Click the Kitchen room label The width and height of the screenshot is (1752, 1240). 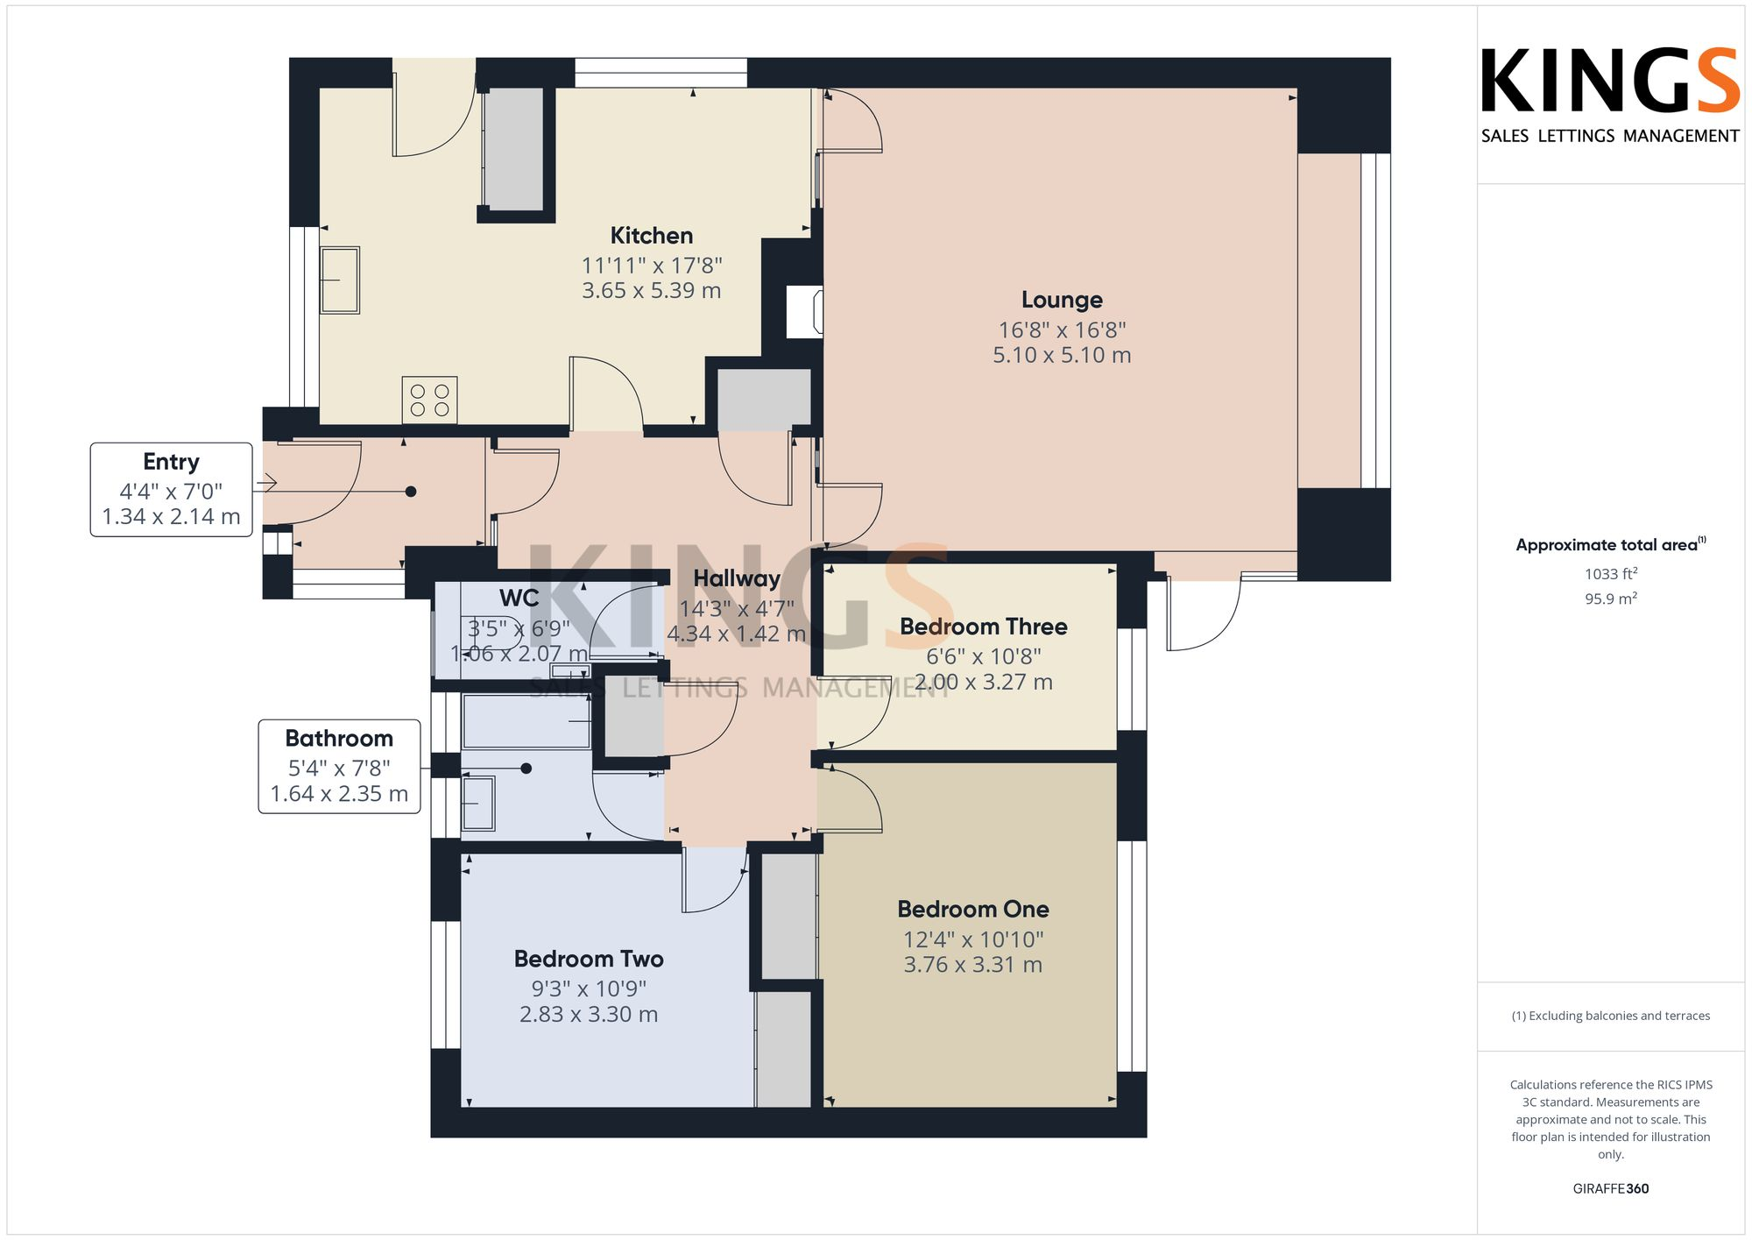(x=651, y=236)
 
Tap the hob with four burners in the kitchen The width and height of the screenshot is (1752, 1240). (x=429, y=400)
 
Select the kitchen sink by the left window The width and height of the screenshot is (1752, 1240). (x=340, y=280)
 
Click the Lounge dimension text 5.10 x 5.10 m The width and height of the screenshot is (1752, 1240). (x=1061, y=356)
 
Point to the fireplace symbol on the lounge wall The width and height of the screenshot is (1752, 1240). (x=804, y=311)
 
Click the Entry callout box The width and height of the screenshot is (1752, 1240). (x=172, y=489)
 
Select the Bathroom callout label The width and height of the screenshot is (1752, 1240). (x=339, y=739)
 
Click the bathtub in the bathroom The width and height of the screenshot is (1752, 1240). (x=526, y=722)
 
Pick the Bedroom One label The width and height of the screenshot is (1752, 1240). (x=972, y=910)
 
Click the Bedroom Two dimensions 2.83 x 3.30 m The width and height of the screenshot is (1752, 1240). (x=588, y=1015)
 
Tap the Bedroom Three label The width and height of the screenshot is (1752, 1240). (x=983, y=627)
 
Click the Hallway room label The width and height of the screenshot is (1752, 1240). (x=736, y=578)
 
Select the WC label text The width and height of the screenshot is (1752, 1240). (x=519, y=599)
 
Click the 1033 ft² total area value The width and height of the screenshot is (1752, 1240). (x=1610, y=574)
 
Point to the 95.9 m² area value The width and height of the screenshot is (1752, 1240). (x=1610, y=599)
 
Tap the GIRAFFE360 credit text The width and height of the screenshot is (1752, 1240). (x=1610, y=1189)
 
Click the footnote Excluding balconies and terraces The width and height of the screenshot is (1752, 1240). (x=1610, y=1017)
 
